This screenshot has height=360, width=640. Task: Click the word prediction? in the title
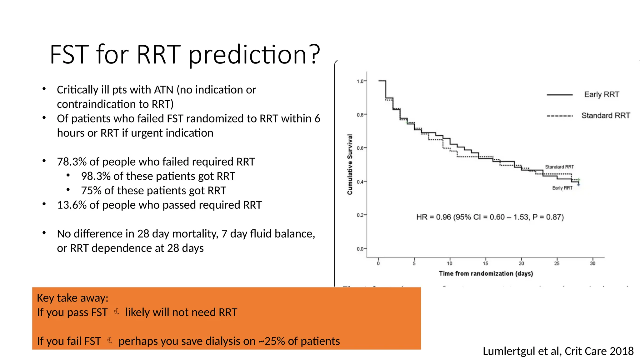pyautogui.click(x=254, y=55)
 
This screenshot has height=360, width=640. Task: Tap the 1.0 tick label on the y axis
pyautogui.click(x=360, y=81)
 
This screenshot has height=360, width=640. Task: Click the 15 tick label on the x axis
pyautogui.click(x=485, y=263)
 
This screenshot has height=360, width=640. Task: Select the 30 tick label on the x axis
pyautogui.click(x=592, y=263)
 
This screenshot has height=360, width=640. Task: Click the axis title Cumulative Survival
pyautogui.click(x=350, y=164)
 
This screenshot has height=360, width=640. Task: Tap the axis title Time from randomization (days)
pyautogui.click(x=486, y=273)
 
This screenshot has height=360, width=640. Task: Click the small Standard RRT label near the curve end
pyautogui.click(x=559, y=167)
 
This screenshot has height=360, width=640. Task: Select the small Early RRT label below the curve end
pyautogui.click(x=562, y=188)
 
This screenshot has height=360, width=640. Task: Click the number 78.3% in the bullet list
pyautogui.click(x=72, y=162)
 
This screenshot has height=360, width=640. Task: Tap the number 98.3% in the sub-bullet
pyautogui.click(x=96, y=176)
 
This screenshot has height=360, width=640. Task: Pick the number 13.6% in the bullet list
pyautogui.click(x=72, y=205)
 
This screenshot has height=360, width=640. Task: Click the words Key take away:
pyautogui.click(x=72, y=298)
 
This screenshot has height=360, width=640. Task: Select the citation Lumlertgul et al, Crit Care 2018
pyautogui.click(x=558, y=351)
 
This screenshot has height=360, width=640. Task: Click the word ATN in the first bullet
pyautogui.click(x=163, y=90)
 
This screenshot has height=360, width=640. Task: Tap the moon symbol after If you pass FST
pyautogui.click(x=117, y=311)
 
